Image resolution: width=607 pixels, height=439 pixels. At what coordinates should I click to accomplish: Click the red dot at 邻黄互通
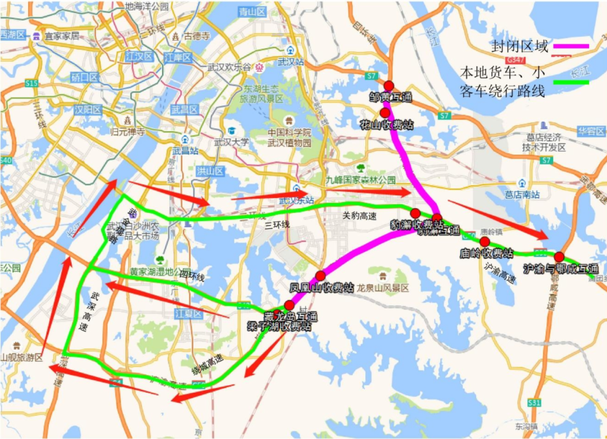388,85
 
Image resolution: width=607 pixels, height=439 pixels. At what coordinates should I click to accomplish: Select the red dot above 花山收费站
385,113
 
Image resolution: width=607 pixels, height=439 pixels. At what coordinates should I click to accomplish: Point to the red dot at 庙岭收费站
484,242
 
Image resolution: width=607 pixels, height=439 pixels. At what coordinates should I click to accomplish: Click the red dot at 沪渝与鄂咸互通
559,257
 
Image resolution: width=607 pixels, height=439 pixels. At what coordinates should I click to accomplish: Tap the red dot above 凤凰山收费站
320,275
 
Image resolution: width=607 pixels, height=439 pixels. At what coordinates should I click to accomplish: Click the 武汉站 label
292,62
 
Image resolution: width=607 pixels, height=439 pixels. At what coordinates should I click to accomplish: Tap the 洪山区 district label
211,171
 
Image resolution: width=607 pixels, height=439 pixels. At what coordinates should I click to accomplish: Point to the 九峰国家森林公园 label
361,180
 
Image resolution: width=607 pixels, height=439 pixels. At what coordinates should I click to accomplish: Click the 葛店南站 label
522,194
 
